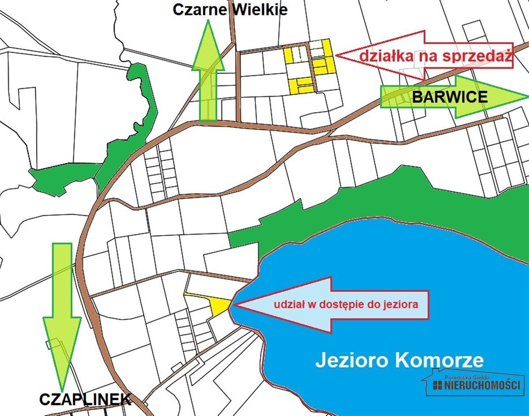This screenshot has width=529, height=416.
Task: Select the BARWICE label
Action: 450,97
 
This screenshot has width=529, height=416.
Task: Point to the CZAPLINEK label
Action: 85,399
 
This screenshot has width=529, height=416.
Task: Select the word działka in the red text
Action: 379,56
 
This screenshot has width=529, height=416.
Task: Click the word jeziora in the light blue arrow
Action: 402,304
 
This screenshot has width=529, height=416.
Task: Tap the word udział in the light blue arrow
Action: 287,304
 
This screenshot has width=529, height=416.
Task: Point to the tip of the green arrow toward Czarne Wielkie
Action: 208,22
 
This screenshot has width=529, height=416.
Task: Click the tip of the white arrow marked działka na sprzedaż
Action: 337,55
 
